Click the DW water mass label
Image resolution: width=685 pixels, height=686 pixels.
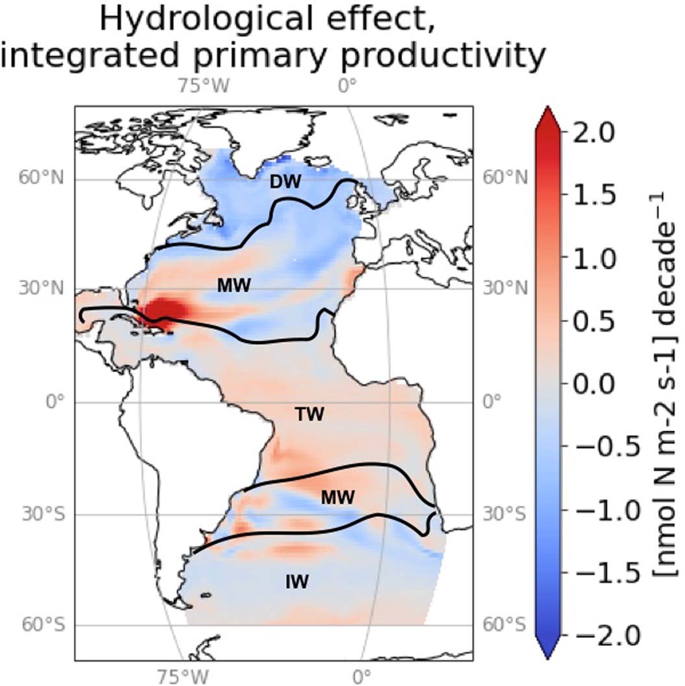pyautogui.click(x=285, y=183)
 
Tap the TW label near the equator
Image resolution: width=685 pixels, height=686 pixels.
pyautogui.click(x=309, y=414)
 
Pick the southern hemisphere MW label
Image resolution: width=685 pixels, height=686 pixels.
pyautogui.click(x=337, y=497)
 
